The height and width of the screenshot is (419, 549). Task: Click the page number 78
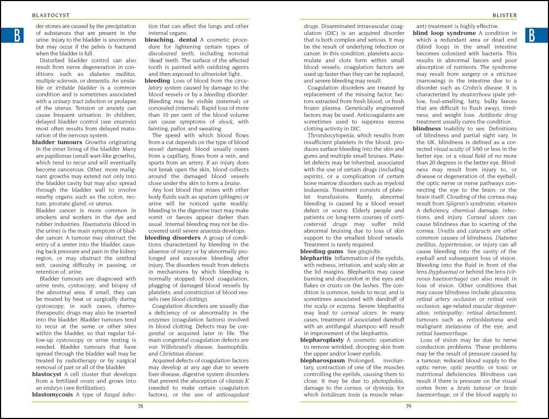(140, 405)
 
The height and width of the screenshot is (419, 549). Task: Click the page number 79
(408, 405)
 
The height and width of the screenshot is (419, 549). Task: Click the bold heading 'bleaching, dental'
(170, 40)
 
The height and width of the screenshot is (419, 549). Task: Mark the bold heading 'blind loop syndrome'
(444, 33)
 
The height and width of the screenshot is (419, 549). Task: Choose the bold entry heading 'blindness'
(431, 128)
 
